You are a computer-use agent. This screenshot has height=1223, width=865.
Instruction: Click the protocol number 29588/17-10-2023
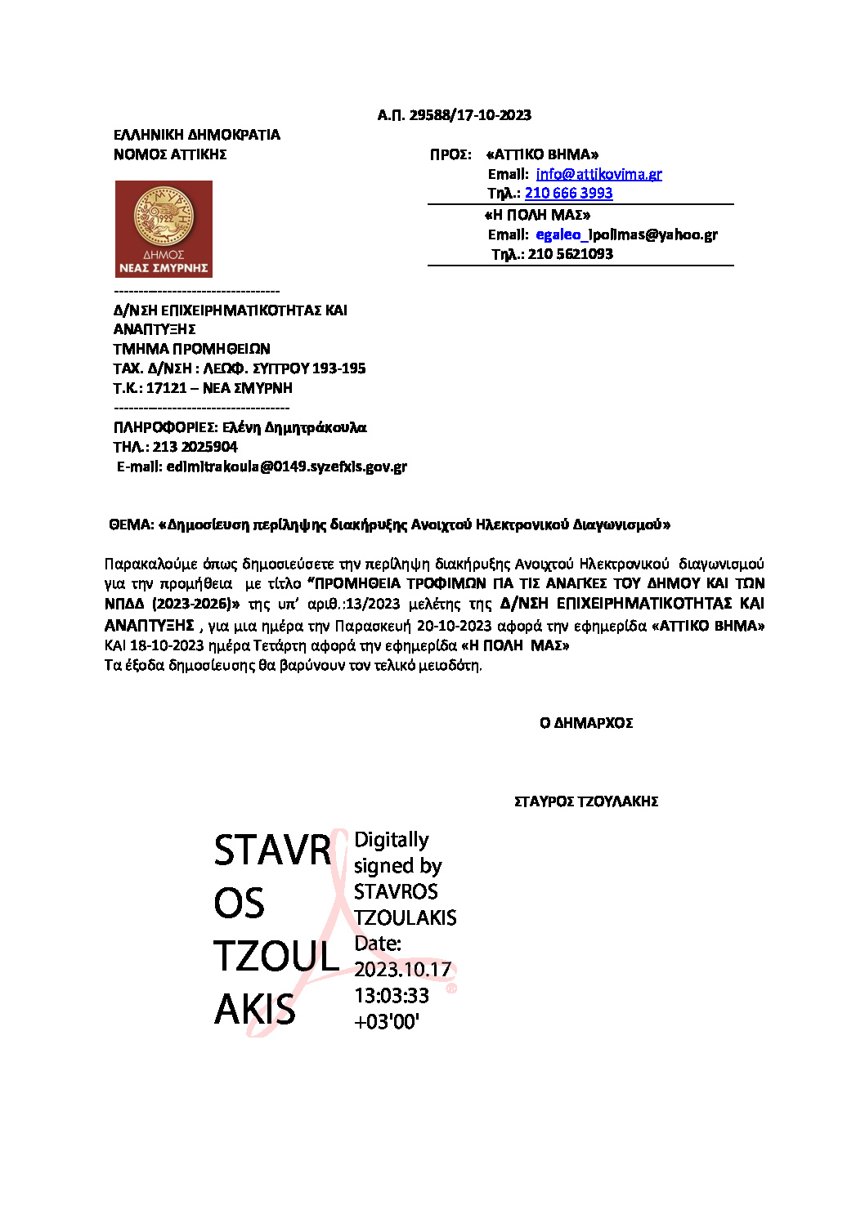(470, 115)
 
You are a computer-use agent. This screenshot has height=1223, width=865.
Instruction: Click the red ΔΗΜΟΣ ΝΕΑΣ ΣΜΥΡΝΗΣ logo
(164, 229)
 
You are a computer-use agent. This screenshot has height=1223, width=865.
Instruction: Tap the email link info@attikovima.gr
(598, 174)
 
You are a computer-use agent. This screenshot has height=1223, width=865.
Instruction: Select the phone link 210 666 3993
(568, 194)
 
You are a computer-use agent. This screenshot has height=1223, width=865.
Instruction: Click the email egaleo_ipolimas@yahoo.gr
(626, 235)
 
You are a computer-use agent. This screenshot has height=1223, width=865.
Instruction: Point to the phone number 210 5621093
(570, 254)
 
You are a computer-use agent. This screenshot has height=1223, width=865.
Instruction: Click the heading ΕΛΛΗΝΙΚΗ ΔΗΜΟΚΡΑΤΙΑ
(196, 135)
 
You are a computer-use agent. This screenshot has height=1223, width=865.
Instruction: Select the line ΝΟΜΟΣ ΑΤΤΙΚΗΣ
(170, 154)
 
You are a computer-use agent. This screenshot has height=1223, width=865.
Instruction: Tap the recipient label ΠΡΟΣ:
(450, 154)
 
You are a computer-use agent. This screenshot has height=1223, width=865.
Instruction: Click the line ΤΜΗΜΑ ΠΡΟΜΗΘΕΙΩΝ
(191, 349)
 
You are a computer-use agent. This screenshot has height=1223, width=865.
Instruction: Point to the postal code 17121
(166, 388)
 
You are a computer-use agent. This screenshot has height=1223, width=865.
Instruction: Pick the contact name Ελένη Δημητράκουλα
(294, 427)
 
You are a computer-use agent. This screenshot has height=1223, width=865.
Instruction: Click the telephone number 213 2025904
(195, 447)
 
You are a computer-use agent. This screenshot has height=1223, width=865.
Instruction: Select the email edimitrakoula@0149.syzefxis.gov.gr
(286, 466)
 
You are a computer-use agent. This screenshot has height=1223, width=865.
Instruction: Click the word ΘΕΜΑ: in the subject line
(132, 524)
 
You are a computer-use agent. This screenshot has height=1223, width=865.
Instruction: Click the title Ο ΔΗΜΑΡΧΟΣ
(586, 723)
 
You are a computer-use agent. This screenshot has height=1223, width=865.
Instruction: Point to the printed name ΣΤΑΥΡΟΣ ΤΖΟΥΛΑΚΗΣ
(586, 801)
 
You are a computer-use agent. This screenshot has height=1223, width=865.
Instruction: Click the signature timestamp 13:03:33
(392, 996)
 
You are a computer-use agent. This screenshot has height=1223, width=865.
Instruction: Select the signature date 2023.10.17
(402, 970)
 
